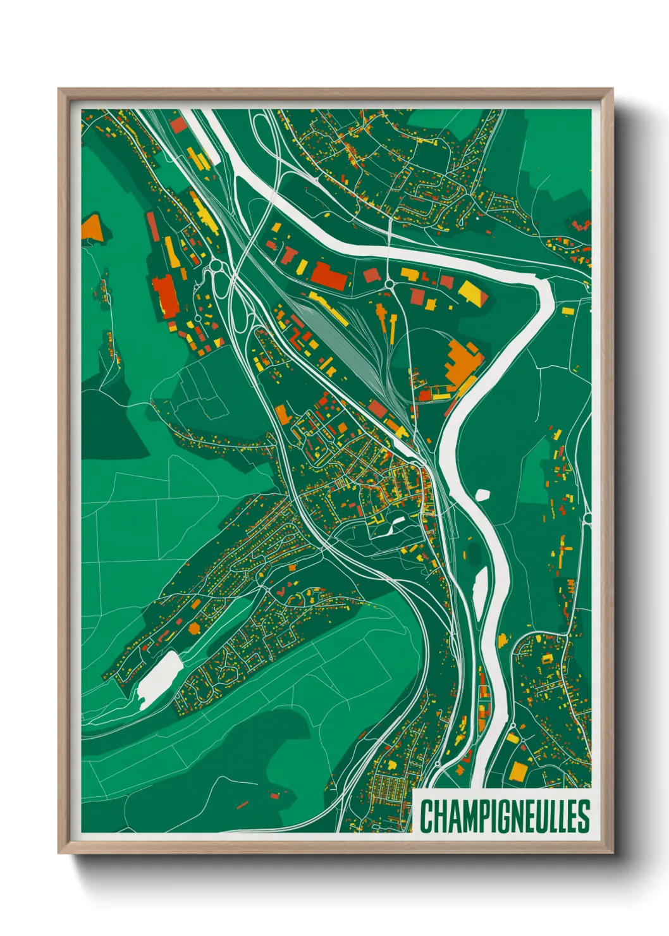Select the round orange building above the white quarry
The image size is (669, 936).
pyautogui.click(x=193, y=628)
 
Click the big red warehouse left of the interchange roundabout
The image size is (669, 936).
pyautogui.click(x=165, y=295)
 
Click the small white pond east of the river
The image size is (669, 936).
pyautogui.click(x=482, y=494)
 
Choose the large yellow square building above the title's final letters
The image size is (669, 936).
pyautogui.click(x=518, y=771)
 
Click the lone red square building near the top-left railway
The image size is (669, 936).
pyautogui.click(x=178, y=125)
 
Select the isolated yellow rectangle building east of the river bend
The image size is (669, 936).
pyautogui.click(x=567, y=311)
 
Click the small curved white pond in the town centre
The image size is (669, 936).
pyautogui.click(x=396, y=520)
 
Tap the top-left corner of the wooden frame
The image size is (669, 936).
pyautogui.click(x=60, y=90)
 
